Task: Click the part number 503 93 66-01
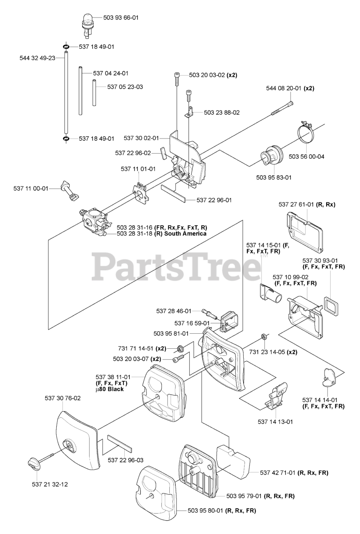click(x=121, y=18)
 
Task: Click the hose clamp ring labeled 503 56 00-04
click(x=308, y=134)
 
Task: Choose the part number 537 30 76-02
click(x=63, y=398)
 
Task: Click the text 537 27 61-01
click(x=296, y=204)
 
